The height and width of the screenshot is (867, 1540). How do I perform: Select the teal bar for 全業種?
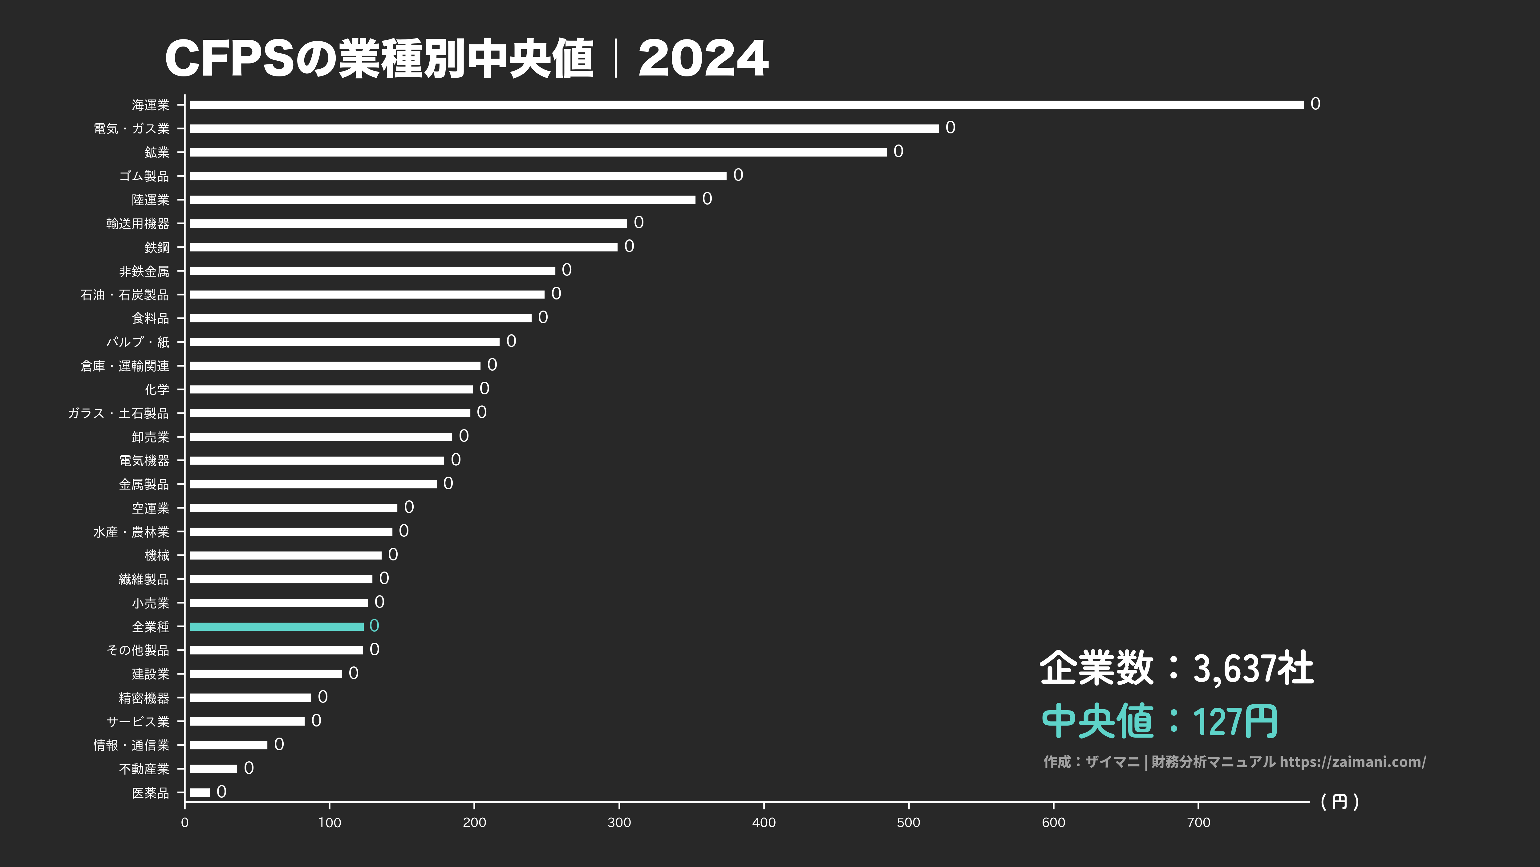point(277,627)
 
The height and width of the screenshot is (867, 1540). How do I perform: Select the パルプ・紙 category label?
point(138,342)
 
